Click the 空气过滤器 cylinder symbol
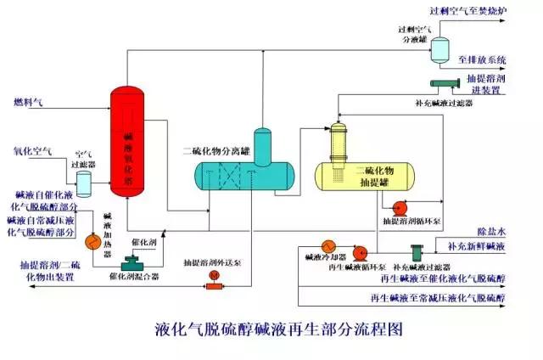click(x=83, y=182)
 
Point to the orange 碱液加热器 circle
click(x=95, y=242)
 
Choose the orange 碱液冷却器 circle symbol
click(x=324, y=250)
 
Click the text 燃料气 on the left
click(x=27, y=103)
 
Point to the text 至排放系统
click(x=482, y=59)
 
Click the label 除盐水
click(x=490, y=232)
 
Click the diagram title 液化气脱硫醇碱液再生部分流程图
click(x=278, y=330)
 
